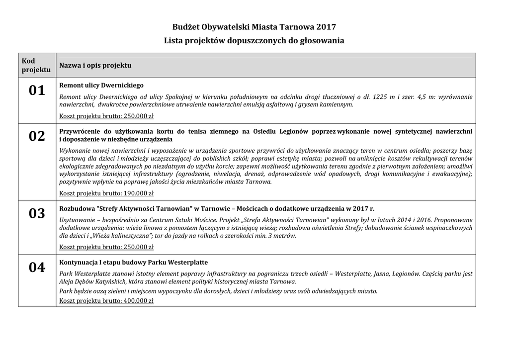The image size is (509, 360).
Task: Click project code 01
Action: [37, 90]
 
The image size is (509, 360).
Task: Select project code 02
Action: [37, 136]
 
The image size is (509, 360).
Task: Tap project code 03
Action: [37, 213]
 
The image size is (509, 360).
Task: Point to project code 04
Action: [37, 268]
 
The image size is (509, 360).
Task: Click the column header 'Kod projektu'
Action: [36, 65]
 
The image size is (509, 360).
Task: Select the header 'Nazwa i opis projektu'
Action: [95, 65]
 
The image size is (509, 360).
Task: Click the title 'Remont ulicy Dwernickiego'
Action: [101, 85]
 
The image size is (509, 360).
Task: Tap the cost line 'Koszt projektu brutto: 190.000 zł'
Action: [106, 193]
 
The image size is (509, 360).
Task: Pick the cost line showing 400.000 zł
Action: [106, 300]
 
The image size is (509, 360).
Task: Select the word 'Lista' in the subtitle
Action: [174, 40]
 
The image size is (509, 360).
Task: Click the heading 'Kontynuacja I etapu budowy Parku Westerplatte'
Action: [133, 262]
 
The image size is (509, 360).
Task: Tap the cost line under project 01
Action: [106, 116]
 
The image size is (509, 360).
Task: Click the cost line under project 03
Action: [106, 247]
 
